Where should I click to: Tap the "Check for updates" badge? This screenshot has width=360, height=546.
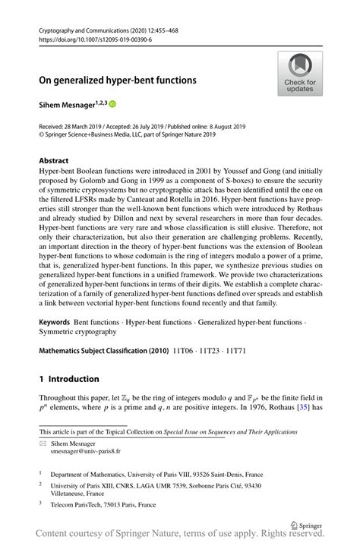300,73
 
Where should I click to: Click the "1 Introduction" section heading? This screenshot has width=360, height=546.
69,379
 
